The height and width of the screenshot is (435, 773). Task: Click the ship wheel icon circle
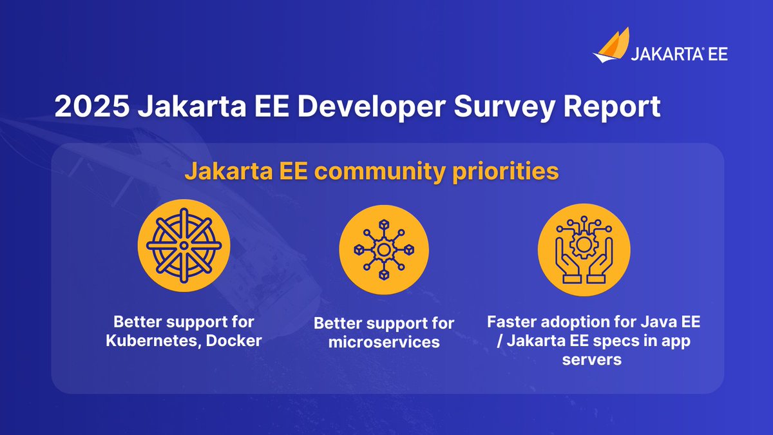click(x=184, y=246)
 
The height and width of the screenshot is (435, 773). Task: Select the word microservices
click(x=384, y=342)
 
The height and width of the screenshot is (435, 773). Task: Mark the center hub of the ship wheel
click(x=184, y=246)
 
